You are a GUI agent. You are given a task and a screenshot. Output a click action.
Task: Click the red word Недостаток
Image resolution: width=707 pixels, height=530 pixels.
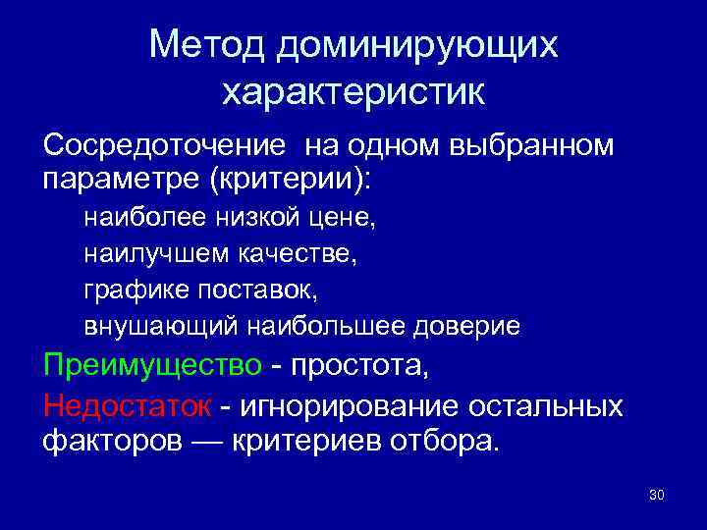(x=127, y=404)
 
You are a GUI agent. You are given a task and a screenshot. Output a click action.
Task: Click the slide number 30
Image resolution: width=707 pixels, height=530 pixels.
(x=657, y=494)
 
